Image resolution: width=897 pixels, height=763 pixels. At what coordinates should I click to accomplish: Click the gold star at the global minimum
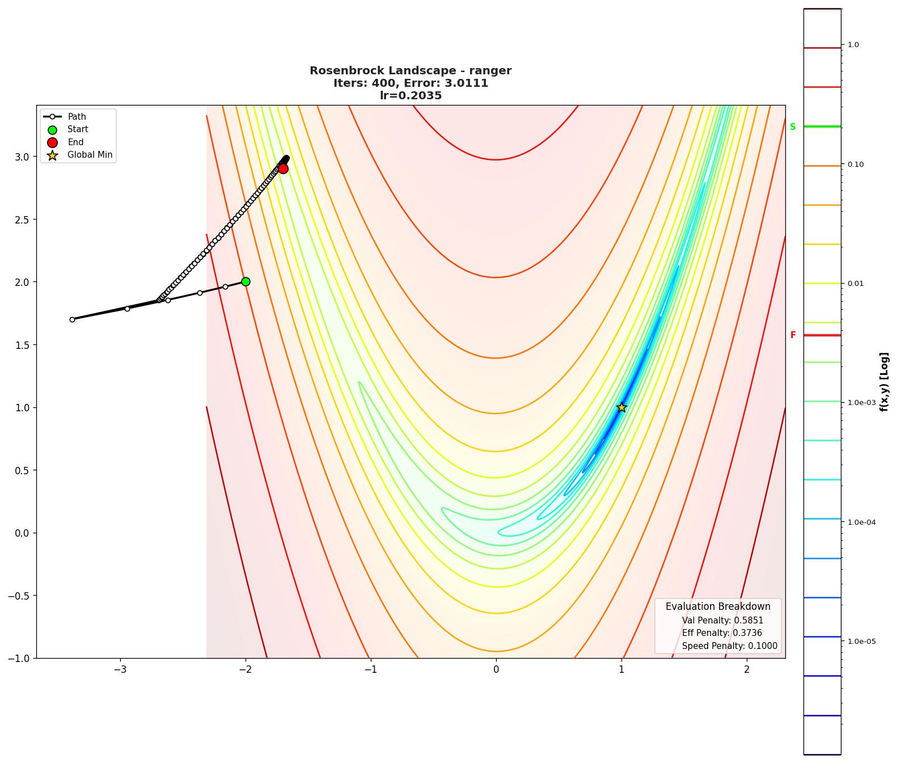[x=621, y=407]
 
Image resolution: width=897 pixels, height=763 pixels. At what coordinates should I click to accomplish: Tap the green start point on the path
[x=246, y=281]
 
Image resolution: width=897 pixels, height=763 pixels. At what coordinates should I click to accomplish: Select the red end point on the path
[x=283, y=168]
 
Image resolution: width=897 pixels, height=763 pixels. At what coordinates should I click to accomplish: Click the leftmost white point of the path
[x=72, y=319]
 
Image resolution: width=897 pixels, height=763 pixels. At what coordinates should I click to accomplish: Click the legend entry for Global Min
[x=90, y=155]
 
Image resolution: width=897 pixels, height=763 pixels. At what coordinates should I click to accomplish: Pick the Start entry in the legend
[x=78, y=129]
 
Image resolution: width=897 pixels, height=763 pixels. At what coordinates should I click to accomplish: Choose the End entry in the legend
[x=75, y=142]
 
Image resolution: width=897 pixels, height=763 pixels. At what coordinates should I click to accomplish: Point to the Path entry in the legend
[x=77, y=117]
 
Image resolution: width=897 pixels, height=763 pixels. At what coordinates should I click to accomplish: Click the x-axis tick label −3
[x=120, y=669]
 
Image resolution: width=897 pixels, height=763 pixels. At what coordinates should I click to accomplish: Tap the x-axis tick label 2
[x=747, y=669]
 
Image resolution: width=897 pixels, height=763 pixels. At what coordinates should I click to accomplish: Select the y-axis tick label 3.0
[x=23, y=157]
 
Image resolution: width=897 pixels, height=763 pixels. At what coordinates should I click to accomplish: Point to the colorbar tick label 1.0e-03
[x=861, y=403]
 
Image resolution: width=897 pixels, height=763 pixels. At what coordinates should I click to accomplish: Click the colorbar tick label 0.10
[x=856, y=165]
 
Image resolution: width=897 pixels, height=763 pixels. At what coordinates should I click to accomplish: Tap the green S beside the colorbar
[x=793, y=127]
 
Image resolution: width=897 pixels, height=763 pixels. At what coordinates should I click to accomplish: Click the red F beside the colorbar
[x=793, y=335]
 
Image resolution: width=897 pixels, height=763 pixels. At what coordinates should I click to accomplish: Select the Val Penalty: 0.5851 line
[x=722, y=621]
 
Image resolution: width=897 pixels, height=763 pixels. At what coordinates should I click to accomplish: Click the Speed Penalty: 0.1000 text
[x=729, y=646]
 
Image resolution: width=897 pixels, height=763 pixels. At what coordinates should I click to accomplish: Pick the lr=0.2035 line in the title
[x=411, y=96]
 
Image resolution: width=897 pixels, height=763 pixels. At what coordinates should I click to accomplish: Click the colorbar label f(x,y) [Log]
[x=885, y=381]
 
